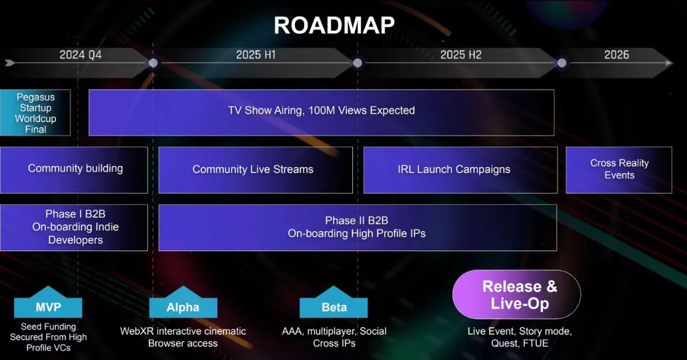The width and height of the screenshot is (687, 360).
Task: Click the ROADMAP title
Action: pyautogui.click(x=334, y=25)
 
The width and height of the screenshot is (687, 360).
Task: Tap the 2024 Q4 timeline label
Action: pyautogui.click(x=80, y=55)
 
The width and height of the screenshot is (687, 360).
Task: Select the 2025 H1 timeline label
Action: pyautogui.click(x=256, y=55)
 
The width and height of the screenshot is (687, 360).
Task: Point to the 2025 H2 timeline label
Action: pyautogui.click(x=461, y=55)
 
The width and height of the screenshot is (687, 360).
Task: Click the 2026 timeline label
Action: pyautogui.click(x=616, y=55)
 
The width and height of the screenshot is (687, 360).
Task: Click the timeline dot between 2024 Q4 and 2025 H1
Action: pyautogui.click(x=153, y=63)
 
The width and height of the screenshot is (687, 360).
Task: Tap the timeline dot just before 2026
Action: pyautogui.click(x=562, y=63)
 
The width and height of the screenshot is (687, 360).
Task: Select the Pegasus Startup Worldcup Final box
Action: pyautogui.click(x=35, y=113)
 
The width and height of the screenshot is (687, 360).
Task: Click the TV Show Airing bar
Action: pyautogui.click(x=321, y=113)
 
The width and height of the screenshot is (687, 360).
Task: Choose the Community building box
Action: pyautogui.click(x=74, y=170)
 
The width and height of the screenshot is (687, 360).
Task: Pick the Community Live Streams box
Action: pyautogui.click(x=256, y=170)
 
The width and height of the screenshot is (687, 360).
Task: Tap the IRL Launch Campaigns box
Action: pyautogui.click(x=460, y=170)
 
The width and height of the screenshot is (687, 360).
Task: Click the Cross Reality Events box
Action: pyautogui.click(x=619, y=170)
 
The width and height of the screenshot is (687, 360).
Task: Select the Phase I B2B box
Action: pyautogui.click(x=74, y=227)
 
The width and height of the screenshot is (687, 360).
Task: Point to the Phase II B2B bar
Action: pyautogui.click(x=358, y=227)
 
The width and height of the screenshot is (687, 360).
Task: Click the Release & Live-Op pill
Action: pyautogui.click(x=517, y=294)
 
